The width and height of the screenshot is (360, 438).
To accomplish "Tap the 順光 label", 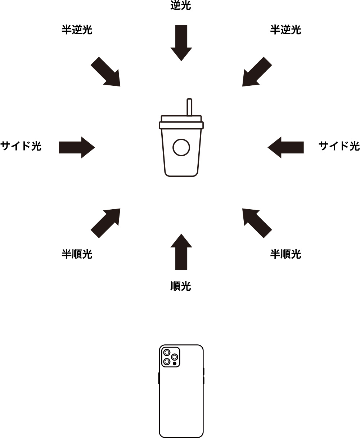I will point(180,286).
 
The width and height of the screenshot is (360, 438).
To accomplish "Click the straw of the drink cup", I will point(189,107).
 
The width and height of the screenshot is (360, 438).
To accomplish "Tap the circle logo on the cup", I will point(181,148).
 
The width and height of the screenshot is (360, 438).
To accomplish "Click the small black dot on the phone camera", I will point(175,364).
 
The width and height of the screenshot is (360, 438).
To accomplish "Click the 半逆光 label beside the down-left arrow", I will point(285,30).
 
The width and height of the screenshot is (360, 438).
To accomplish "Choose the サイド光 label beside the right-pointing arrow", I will point(21,146).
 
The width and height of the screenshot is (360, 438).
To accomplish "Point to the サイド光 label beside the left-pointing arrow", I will point(339,146).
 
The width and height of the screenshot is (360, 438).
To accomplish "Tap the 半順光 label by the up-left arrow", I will point(285,254).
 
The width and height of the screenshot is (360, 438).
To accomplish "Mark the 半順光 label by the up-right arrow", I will point(77,254).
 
